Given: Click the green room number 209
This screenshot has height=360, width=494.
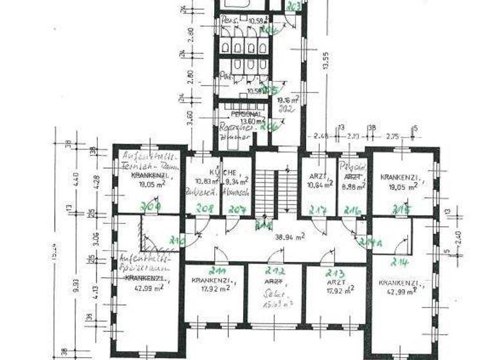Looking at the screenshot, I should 150,206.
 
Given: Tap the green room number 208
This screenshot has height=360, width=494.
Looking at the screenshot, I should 205,209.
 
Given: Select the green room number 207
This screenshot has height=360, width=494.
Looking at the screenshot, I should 238,210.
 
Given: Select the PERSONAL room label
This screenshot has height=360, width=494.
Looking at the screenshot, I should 237,113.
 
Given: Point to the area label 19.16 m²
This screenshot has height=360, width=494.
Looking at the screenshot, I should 288,100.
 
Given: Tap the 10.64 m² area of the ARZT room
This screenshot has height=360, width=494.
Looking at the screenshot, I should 320,184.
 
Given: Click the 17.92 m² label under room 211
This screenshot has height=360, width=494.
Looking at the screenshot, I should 213,289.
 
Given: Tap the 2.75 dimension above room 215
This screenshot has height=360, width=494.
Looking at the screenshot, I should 392,137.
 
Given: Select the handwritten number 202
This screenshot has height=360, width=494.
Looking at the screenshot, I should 287,110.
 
